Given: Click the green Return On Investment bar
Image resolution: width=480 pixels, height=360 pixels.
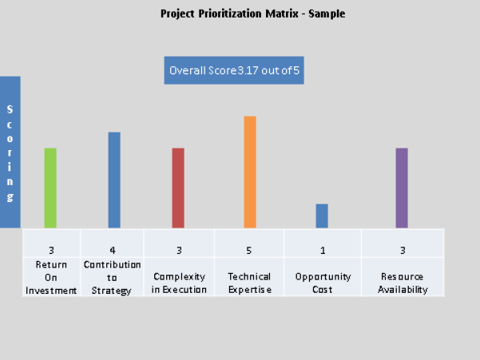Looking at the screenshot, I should (x=50, y=188).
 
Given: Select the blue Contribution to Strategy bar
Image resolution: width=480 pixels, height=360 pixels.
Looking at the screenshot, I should (x=114, y=180).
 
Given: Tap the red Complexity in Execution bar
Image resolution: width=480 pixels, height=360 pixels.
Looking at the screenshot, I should (x=178, y=188).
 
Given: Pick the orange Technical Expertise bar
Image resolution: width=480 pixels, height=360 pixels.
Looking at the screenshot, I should (x=250, y=172).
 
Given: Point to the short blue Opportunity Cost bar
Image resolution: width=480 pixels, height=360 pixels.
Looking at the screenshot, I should (x=322, y=216).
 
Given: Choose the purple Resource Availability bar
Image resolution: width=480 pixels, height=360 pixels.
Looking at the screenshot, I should (x=402, y=188).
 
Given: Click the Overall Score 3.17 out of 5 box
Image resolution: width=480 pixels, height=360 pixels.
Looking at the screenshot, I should (x=234, y=70).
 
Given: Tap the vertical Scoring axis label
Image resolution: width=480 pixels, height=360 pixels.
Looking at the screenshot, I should (x=10, y=152).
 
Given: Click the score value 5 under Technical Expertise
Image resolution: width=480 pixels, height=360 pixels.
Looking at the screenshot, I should (x=249, y=251).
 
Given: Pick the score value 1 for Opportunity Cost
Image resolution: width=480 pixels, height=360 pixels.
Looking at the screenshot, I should (x=323, y=251).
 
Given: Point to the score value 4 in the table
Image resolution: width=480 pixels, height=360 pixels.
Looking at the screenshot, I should (x=113, y=251).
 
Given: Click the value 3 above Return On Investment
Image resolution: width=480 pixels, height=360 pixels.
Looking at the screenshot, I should (x=51, y=251).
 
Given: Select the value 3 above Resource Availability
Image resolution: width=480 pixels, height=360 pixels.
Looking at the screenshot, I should (x=403, y=251).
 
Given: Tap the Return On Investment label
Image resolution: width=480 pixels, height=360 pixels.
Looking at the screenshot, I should (x=51, y=277).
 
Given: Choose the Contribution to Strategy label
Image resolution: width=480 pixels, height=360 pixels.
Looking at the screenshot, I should (x=113, y=277).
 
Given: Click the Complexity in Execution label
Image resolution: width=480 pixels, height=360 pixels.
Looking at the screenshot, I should (x=179, y=283).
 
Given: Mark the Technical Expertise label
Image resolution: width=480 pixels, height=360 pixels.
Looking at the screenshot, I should (x=249, y=283).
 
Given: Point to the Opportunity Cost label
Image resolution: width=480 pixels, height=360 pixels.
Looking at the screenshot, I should (x=323, y=283).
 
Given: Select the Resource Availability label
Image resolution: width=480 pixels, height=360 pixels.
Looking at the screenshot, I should (x=403, y=283).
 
